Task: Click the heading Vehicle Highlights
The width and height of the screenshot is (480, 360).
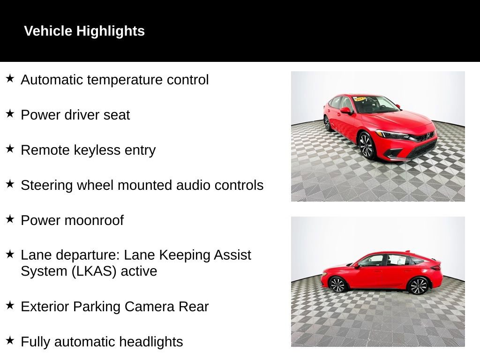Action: pos(84,31)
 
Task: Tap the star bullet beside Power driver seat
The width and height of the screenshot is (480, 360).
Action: pos(10,113)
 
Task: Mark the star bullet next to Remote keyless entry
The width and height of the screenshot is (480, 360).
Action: pos(10,149)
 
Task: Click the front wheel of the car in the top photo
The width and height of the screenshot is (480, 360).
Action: pos(366,145)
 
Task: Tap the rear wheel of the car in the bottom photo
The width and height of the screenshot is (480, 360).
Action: pos(418,285)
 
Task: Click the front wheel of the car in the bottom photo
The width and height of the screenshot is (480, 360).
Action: pos(337,284)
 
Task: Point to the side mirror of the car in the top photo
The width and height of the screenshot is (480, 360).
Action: pos(345,111)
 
